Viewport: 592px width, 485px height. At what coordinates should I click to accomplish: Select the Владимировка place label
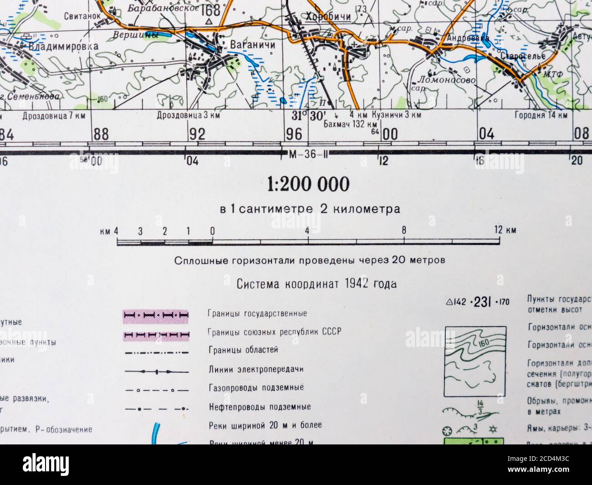tap(63, 46)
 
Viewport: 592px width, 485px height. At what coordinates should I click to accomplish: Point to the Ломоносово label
tap(446, 80)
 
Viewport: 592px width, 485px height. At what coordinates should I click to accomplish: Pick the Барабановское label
tap(163, 8)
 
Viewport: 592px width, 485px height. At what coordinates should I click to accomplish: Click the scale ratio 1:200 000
tap(308, 184)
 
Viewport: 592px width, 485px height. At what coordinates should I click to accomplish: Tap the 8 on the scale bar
tap(404, 230)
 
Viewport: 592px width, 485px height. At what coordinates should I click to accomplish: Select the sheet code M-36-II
tap(308, 154)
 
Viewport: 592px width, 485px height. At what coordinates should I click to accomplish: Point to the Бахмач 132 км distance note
tap(350, 124)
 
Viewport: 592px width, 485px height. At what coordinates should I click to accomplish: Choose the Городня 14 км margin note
tap(541, 115)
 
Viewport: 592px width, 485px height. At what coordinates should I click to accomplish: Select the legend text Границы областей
tap(242, 350)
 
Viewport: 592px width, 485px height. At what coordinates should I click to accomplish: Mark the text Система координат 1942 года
tap(316, 284)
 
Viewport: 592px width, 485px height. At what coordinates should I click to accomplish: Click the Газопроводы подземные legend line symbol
tap(156, 390)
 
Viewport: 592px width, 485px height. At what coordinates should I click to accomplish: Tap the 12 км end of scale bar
tap(505, 230)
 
